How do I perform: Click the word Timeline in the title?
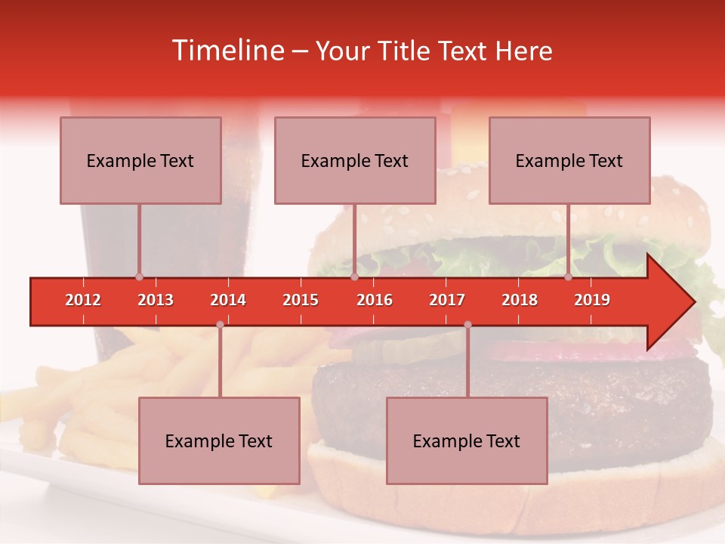point(227,51)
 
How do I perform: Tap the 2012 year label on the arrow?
point(83,300)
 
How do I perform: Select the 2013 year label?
point(156,300)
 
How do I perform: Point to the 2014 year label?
point(228,300)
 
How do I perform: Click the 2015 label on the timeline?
point(301,300)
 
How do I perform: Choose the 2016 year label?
point(375,300)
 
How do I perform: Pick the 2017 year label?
point(447,300)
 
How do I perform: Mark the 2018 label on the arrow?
point(520,300)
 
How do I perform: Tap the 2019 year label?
point(592,300)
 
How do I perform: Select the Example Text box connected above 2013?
point(140,160)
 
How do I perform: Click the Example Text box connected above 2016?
point(355,160)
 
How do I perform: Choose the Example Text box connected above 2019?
point(569,160)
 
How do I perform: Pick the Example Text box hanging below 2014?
point(219,440)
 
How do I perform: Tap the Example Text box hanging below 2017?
point(467,440)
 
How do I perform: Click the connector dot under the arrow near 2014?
point(220,324)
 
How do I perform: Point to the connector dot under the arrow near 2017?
point(467,324)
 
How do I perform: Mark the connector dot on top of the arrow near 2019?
point(568,277)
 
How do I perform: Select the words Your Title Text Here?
point(433,51)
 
